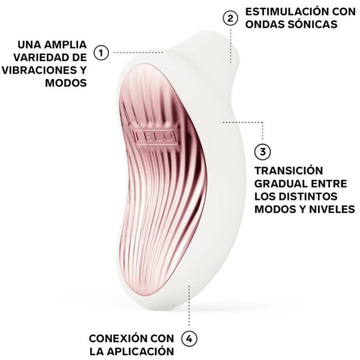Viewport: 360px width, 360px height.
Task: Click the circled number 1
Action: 101,52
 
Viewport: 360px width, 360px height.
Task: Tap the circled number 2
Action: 229,18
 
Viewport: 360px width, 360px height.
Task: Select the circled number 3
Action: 262,150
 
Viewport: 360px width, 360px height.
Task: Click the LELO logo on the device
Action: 154,135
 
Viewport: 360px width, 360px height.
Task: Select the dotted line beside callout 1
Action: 137,52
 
